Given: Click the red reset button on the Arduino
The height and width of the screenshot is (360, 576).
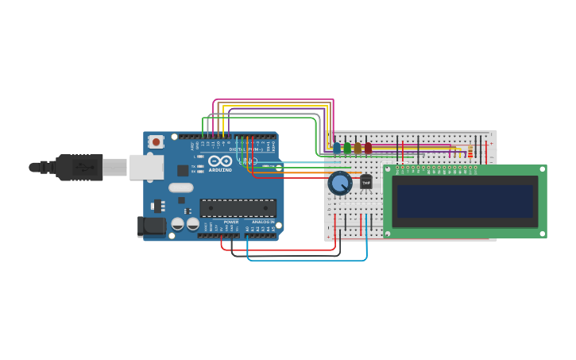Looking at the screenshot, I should point(156,142).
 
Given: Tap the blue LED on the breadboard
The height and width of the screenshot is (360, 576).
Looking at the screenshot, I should point(337,148).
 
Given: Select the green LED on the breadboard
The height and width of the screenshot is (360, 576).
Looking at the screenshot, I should point(347,148).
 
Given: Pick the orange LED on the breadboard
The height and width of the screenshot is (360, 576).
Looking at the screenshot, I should point(358,148).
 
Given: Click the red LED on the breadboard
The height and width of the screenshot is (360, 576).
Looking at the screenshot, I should point(368,148).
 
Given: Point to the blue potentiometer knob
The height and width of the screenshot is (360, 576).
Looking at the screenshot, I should point(340,184).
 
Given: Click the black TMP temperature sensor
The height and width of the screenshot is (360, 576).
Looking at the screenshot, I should point(365,182).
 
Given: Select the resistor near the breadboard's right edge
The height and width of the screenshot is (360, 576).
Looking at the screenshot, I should point(470,151).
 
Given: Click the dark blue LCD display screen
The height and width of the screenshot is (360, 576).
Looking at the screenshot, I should point(465,201).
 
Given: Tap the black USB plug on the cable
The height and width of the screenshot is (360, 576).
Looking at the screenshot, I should point(79,168).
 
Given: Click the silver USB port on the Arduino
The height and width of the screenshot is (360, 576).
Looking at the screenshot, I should point(146,167).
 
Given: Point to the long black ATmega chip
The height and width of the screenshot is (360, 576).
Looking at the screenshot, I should point(238,208).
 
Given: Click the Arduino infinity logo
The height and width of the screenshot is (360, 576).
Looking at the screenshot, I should point(220,161).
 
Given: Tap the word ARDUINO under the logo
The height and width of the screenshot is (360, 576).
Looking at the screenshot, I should point(220,170).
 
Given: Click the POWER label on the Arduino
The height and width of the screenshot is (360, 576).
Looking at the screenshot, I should point(230,222).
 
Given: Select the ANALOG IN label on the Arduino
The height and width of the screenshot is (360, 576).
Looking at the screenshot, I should point(262,222).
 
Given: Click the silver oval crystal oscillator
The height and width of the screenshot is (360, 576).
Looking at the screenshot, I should point(180,188).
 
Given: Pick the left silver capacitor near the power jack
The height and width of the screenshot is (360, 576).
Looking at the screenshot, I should point(178,224).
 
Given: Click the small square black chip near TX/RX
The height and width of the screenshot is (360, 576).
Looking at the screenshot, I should point(183,170).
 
